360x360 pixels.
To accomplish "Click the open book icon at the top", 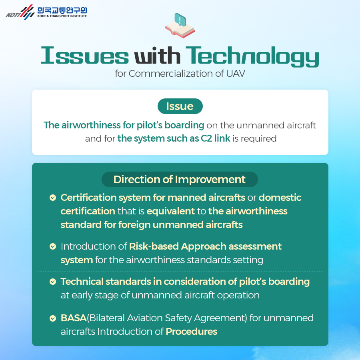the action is [x=180, y=26].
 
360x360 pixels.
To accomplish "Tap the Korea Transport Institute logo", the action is [x=46, y=12].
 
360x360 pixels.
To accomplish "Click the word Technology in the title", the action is [x=252, y=56].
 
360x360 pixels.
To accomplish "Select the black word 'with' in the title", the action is [x=157, y=55].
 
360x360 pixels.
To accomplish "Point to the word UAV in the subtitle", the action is [x=236, y=74].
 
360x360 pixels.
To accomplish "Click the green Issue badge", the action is [x=180, y=106].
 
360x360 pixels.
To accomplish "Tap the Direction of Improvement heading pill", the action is [x=180, y=179].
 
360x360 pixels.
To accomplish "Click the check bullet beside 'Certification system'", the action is [x=53, y=198].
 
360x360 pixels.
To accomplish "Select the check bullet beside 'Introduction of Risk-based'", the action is [x=53, y=246].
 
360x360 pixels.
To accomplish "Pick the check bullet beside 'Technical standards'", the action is [x=53, y=282].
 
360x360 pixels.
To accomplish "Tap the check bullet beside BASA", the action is [x=53, y=318].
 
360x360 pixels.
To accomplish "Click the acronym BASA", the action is [x=74, y=318].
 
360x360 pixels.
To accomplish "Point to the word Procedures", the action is [x=192, y=332].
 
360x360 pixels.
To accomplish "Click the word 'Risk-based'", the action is [x=154, y=246].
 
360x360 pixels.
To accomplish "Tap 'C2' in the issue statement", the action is [x=206, y=138].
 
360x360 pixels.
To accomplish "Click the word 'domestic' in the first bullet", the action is [x=280, y=198].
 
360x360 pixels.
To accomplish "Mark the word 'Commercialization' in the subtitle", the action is [x=171, y=74].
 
